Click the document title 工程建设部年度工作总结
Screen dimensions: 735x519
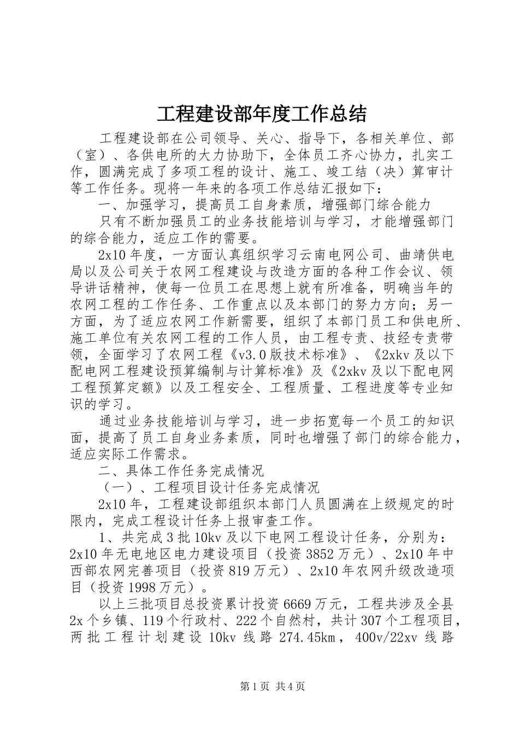click(x=261, y=114)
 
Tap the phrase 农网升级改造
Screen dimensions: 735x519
click(x=399, y=570)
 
